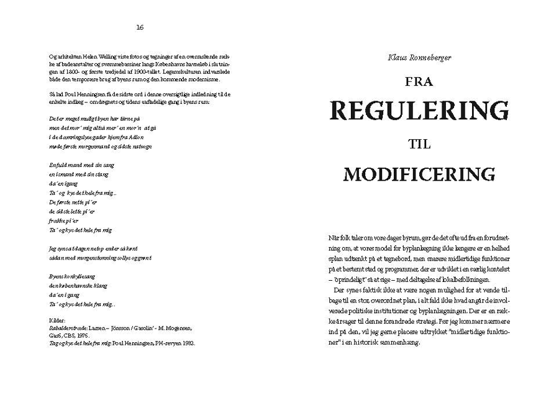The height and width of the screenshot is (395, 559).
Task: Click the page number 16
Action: (x=140, y=27)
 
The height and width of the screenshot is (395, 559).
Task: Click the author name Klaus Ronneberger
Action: (x=419, y=58)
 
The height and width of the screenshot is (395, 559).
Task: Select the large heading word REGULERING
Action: (x=419, y=112)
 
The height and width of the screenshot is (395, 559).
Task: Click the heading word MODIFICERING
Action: (x=419, y=173)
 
